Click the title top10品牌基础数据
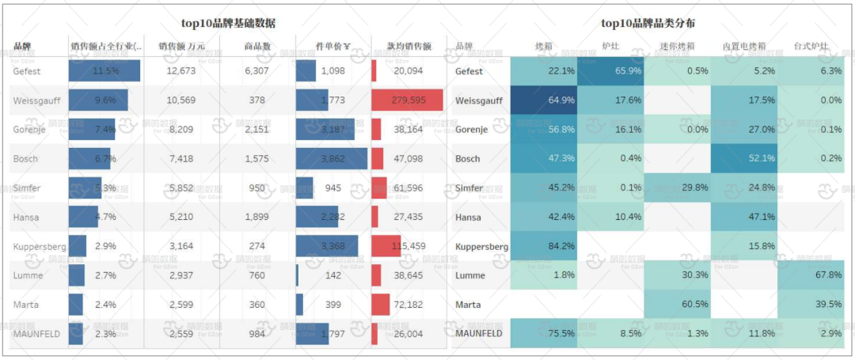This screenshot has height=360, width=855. pos(229,24)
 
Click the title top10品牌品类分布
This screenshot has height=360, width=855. pos(648,24)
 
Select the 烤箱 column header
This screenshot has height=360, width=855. pos(543,47)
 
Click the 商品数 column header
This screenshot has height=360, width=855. pos(257,47)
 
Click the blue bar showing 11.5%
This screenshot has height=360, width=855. pos(104,71)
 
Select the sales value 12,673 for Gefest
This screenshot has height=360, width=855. pos(181,71)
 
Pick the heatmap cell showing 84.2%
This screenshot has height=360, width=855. pos(544,246)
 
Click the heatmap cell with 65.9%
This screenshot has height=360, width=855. pos(610,71)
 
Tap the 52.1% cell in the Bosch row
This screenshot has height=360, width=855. pos(743,159)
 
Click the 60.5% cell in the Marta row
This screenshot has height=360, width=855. pos(677,305)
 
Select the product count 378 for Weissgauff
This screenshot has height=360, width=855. pos(257,100)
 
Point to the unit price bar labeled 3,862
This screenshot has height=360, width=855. pos(332,159)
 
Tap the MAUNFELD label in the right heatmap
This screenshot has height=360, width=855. pos(479,334)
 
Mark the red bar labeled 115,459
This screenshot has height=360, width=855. pos(386,246)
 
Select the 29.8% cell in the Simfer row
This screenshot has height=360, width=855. pos(677,188)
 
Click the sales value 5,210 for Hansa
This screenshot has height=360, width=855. pos(181,217)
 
